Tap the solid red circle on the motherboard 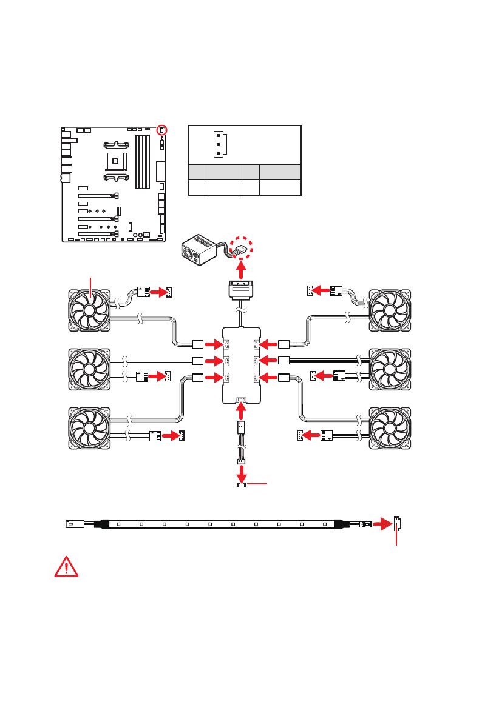coord(162,130)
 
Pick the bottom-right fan coord(390,429)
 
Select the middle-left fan coord(89,369)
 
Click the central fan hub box coord(241,364)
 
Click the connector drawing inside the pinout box coord(218,144)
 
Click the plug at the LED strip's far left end coord(71,523)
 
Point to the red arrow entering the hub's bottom coord(241,412)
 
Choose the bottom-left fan coord(89,429)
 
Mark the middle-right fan coord(390,369)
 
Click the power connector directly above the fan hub coord(241,289)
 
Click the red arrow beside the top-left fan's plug coord(158,292)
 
